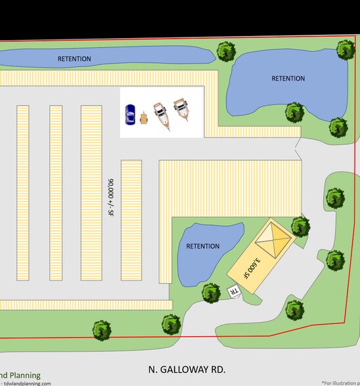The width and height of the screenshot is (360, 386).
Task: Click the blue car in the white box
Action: [x=130, y=114]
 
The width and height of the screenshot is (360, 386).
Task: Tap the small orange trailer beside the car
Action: [x=143, y=119]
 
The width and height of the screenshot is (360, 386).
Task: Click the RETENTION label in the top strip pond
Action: [x=74, y=59]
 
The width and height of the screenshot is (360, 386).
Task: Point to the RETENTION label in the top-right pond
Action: [x=288, y=79]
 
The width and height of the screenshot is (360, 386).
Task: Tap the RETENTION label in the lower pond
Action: [x=203, y=247]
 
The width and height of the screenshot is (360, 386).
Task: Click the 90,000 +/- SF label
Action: [x=110, y=197]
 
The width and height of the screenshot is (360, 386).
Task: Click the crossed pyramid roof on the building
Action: [x=272, y=240]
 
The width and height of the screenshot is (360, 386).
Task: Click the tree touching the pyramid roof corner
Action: [x=300, y=227]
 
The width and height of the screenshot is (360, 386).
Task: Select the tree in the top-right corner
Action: [x=346, y=49]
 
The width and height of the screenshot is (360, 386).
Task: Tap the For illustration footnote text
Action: [x=340, y=383]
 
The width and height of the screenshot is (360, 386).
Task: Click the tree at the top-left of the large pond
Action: [x=225, y=51]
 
